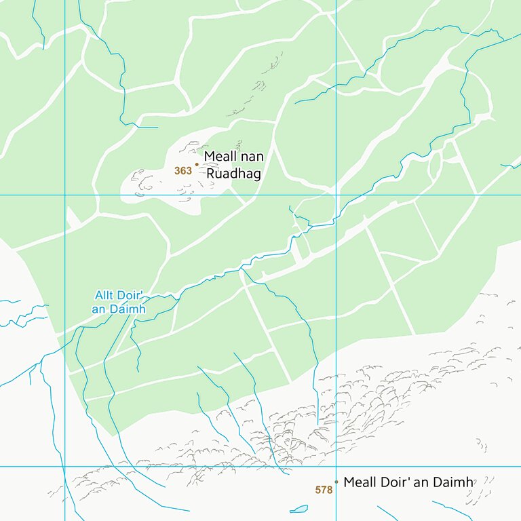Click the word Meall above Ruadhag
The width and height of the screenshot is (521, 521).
tap(220, 157)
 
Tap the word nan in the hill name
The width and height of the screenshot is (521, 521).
tap(252, 157)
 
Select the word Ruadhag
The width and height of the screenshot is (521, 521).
tap(234, 174)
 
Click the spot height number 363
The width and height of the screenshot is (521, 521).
tap(183, 171)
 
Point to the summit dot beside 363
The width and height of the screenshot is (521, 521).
tap(197, 164)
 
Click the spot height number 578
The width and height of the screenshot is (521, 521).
tap(324, 490)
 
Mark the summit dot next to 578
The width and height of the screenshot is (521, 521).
tap(336, 482)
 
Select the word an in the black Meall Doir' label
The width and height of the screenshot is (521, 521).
tap(422, 482)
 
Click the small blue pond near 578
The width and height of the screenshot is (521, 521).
tap(298, 509)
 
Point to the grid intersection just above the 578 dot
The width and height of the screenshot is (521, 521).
tap(336, 466)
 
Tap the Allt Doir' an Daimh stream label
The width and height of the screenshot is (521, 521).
tap(119, 302)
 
